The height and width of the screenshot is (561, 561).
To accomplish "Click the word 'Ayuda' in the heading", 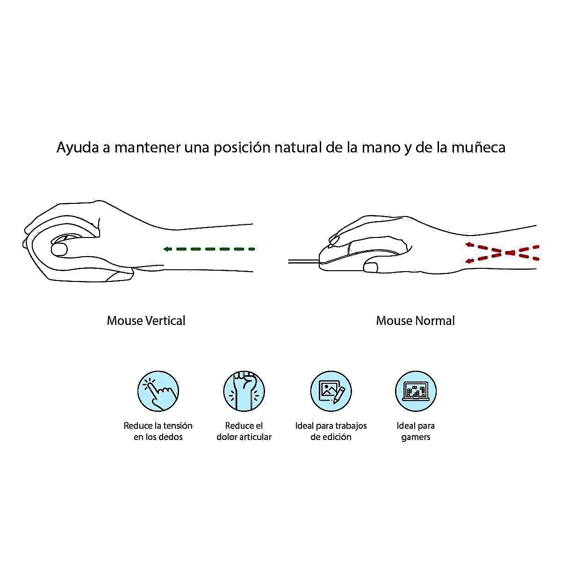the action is click(78, 148).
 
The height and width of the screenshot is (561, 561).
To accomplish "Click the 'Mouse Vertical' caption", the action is click(146, 321).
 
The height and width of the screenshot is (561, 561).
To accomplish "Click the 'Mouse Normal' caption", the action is click(416, 321).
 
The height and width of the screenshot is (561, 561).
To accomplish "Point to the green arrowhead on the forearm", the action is click(168, 249).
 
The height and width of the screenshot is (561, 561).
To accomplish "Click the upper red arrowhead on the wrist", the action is click(469, 245).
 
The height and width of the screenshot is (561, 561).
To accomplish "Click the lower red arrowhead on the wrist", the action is click(469, 261).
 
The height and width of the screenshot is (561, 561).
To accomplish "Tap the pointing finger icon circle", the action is click(158, 391).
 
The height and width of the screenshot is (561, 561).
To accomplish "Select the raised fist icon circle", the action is click(244, 391).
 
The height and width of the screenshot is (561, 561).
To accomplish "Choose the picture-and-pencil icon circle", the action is click(331, 391).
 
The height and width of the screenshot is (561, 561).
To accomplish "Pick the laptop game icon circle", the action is click(416, 391).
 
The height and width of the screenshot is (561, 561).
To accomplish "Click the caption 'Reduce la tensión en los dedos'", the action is click(158, 431).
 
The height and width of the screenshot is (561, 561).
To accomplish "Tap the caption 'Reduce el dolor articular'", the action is click(244, 431).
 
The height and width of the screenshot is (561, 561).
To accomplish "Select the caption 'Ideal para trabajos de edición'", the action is click(331, 431).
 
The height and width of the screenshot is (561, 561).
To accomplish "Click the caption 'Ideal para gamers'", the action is click(416, 431).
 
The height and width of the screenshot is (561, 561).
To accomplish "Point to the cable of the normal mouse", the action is click(304, 261).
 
